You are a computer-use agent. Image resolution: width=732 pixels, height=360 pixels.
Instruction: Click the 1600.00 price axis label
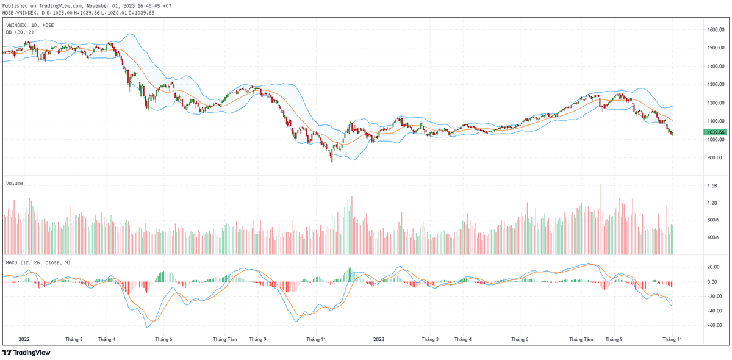coord(716,29)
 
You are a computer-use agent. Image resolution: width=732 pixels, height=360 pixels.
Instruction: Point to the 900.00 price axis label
coord(716,157)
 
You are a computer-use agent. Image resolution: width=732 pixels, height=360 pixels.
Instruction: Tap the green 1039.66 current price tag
coord(714,132)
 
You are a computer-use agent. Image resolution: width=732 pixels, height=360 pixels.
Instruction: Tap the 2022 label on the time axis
coord(24,339)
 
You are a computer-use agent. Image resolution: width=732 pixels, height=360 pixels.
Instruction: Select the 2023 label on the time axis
coord(379,339)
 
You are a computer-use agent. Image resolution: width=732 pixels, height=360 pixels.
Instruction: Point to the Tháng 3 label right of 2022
coord(74,339)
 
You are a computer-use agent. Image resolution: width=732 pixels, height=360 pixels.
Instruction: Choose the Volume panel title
coord(14,182)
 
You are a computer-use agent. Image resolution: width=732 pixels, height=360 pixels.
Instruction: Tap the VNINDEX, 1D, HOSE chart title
coord(30,25)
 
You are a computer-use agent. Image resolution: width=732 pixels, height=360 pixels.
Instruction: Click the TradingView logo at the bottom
coord(26,352)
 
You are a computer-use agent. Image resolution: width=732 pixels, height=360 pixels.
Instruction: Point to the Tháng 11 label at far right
coord(672,339)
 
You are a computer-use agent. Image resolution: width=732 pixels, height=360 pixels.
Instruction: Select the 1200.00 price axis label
coord(716,103)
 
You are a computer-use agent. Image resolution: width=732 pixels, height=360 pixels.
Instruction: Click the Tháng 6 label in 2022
coord(163,339)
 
